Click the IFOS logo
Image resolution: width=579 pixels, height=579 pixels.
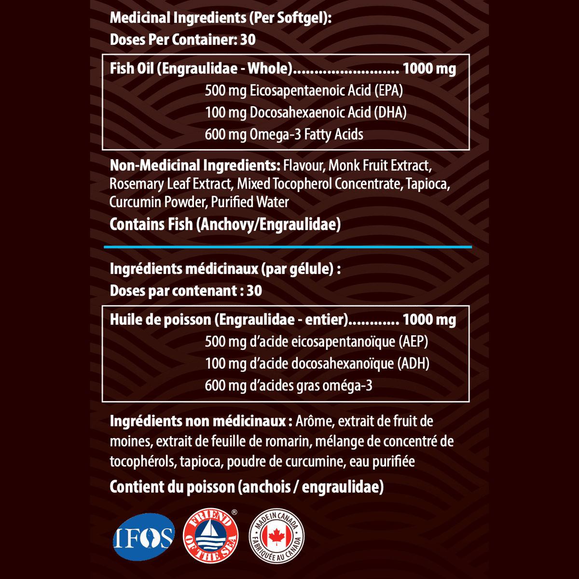point(143,537)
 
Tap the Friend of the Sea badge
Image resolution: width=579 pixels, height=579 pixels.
point(211,537)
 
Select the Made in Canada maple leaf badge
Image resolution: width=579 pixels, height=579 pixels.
point(276,537)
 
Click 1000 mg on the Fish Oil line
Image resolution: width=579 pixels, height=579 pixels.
point(429,69)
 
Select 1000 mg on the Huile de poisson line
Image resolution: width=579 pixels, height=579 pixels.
point(429,320)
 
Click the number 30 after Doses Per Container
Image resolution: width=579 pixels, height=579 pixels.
point(248,40)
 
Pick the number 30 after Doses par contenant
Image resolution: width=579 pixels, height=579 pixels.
point(254,290)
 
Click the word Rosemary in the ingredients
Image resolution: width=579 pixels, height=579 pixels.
point(137,184)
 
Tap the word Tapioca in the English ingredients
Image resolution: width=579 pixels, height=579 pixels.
point(427,184)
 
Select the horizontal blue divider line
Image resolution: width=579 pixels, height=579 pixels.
point(288,247)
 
